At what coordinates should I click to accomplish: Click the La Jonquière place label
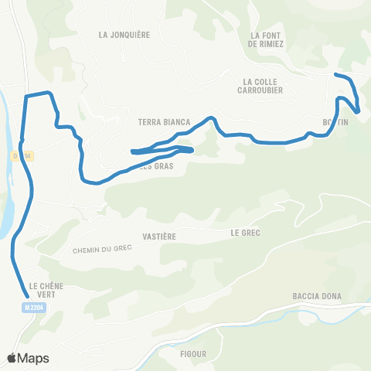[124, 34]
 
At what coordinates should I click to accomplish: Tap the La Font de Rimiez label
[267, 39]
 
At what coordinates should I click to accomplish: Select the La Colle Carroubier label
[262, 85]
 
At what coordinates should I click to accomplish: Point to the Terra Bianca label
[164, 122]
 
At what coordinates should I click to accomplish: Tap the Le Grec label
[245, 232]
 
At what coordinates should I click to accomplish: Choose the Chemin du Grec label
[102, 249]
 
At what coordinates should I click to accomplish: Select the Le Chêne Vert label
[46, 289]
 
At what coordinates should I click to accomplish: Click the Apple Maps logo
[28, 358]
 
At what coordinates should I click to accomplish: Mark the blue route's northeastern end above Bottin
[335, 75]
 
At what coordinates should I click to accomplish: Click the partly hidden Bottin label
[337, 122]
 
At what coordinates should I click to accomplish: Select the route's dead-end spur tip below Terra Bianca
[134, 151]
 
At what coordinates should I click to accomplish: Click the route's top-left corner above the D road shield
[27, 96]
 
